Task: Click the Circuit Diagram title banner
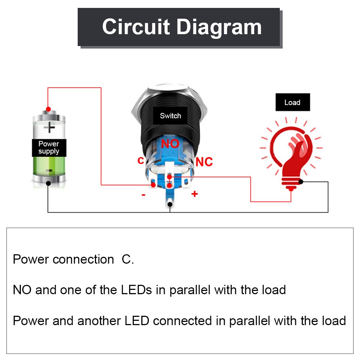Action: [x=179, y=27]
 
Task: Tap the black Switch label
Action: [x=170, y=116]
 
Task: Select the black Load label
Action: [x=292, y=102]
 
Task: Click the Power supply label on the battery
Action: [x=49, y=147]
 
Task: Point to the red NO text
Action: [x=170, y=143]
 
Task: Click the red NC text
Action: [x=204, y=162]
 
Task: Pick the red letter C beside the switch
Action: [x=141, y=160]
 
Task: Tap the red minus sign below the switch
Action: [x=143, y=195]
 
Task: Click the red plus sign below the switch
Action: [x=195, y=194]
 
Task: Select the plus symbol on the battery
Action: [x=49, y=127]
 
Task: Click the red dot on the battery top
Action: [x=48, y=109]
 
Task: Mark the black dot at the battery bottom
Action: [x=48, y=183]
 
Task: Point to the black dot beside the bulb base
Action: [x=301, y=182]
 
